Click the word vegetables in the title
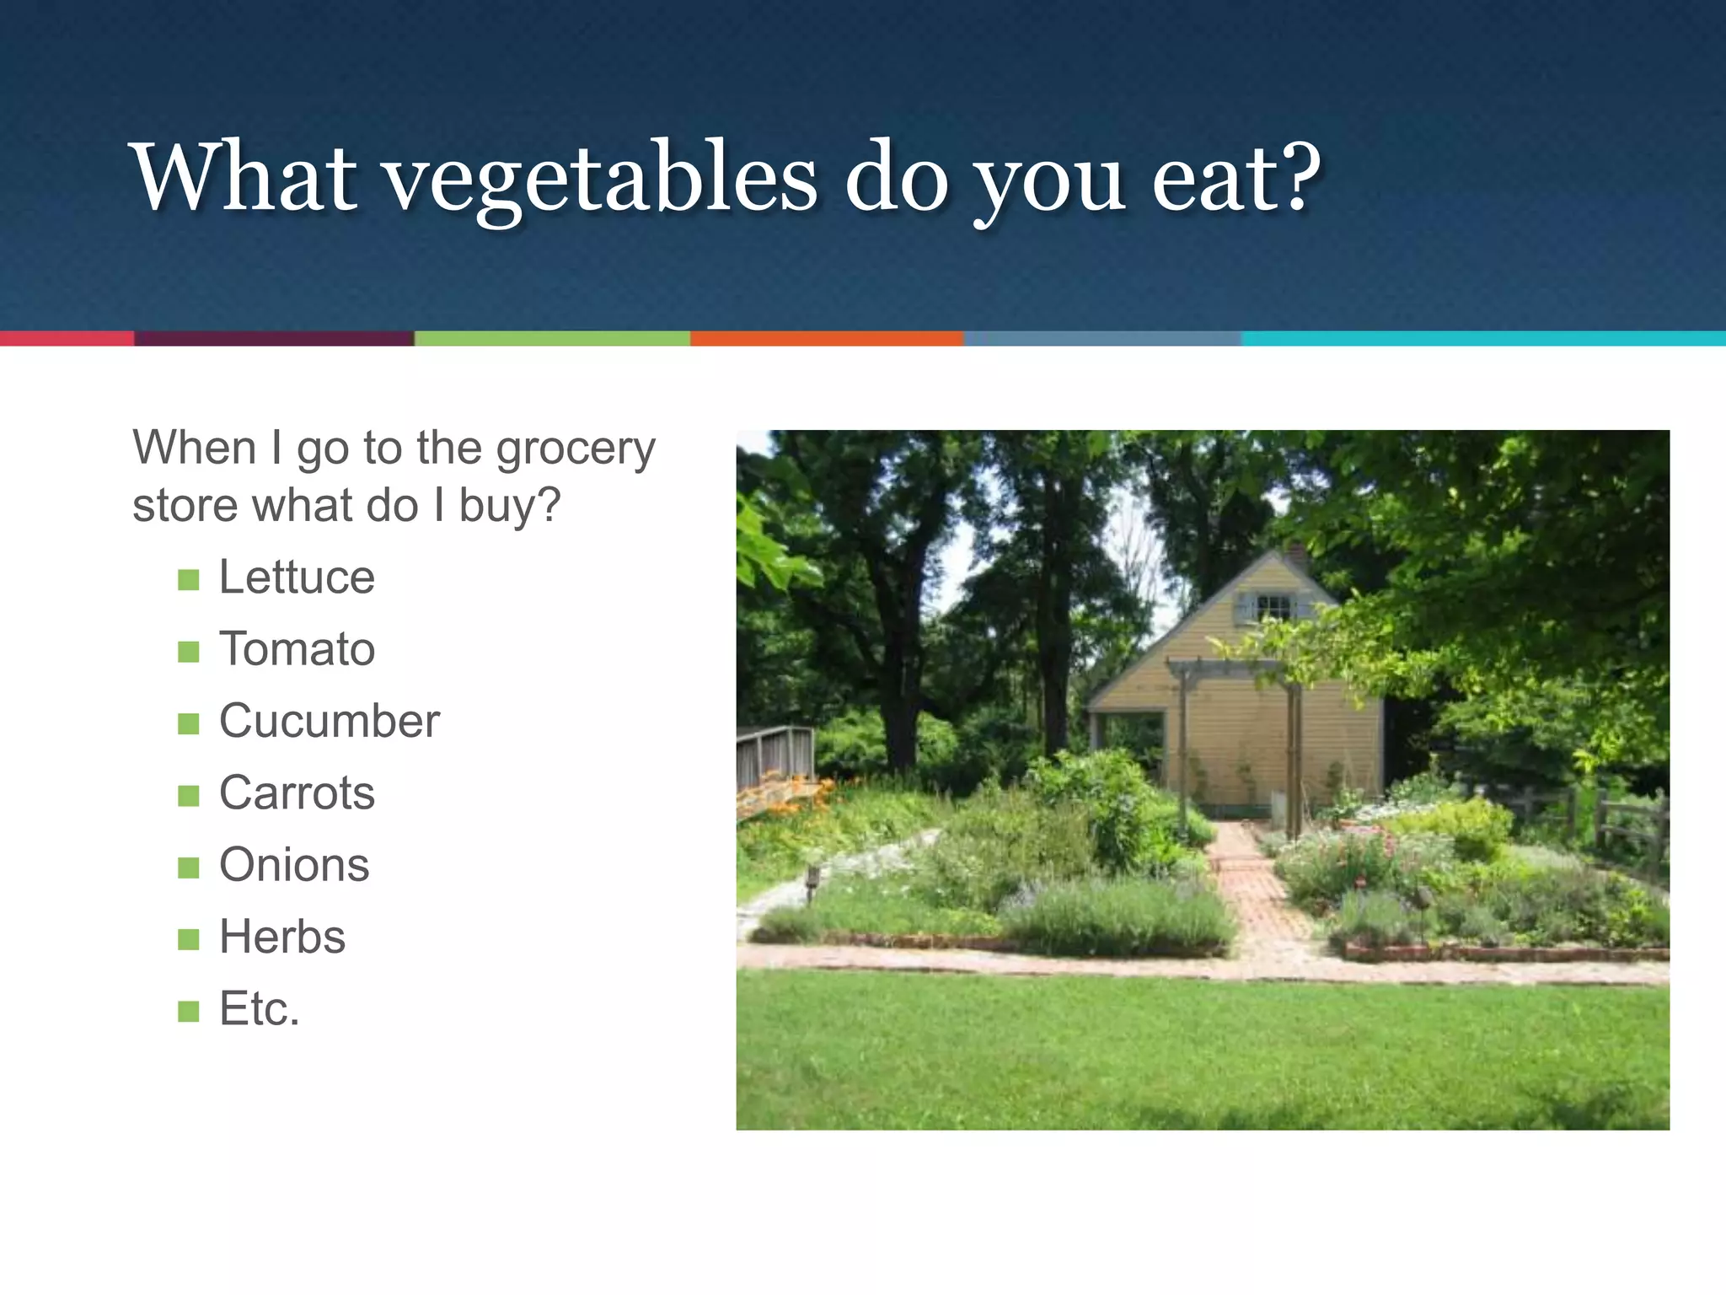pyautogui.click(x=600, y=179)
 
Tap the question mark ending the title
pyautogui.click(x=1295, y=175)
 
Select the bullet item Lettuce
pyautogui.click(x=297, y=578)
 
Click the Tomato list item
pyautogui.click(x=297, y=649)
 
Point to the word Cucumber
pyautogui.click(x=329, y=722)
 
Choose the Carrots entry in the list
pyautogui.click(x=297, y=793)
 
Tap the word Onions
pyautogui.click(x=294, y=865)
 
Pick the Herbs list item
pyautogui.click(x=282, y=937)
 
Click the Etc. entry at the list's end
pyautogui.click(x=259, y=1009)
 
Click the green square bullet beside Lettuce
pyautogui.click(x=189, y=580)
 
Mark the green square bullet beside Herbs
pyautogui.click(x=189, y=939)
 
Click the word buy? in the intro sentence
pyautogui.click(x=509, y=506)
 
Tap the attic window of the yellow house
pyautogui.click(x=1273, y=605)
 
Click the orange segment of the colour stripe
pyautogui.click(x=826, y=338)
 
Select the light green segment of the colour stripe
pyautogui.click(x=552, y=338)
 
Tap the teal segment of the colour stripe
pyautogui.click(x=1483, y=338)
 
